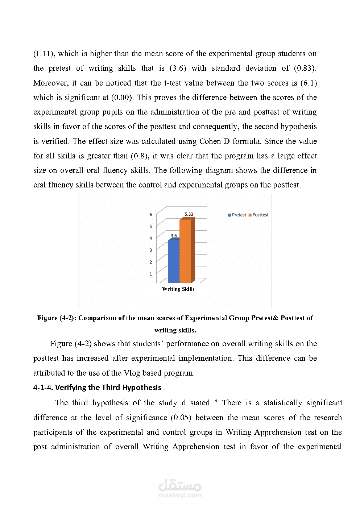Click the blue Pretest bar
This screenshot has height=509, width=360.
tap(174, 261)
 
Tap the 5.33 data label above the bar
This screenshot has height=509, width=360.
tap(189, 214)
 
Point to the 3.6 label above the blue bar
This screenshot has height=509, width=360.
tap(174, 236)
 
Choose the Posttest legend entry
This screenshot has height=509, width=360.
tap(258, 215)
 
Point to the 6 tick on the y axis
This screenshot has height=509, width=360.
tap(151, 215)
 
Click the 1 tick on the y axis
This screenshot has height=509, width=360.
tap(151, 274)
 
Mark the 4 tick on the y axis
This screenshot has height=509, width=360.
tap(151, 238)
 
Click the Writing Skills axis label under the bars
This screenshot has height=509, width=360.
tap(178, 289)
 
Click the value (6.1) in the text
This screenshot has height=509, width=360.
tap(309, 83)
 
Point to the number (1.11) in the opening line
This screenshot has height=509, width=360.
tap(44, 54)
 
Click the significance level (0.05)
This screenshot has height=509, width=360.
tap(181, 418)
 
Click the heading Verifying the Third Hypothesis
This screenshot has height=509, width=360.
tap(108, 388)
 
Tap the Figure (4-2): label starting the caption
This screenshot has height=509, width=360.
tap(57, 318)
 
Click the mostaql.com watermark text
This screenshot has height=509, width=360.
tap(180, 495)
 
